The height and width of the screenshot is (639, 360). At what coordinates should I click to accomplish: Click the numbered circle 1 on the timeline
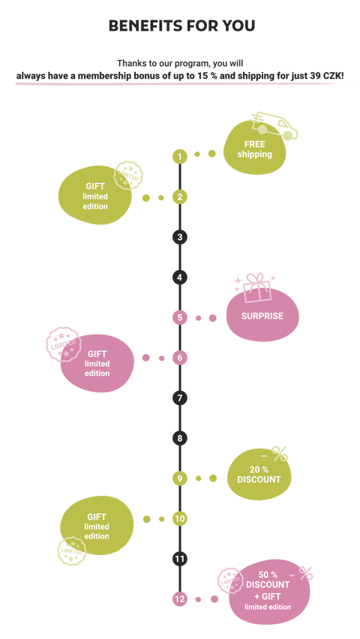click(x=180, y=156)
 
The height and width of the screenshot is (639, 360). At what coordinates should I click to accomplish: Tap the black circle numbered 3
click(x=180, y=237)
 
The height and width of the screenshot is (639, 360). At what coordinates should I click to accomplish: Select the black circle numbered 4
click(x=180, y=278)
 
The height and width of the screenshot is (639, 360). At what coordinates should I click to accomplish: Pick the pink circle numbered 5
click(x=180, y=317)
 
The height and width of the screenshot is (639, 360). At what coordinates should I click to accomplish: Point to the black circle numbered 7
click(x=180, y=397)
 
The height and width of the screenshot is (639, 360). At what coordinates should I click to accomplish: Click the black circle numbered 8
click(x=180, y=439)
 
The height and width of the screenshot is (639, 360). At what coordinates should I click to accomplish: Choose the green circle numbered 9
click(x=180, y=478)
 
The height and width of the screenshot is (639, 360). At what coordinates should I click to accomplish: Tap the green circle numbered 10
click(x=180, y=519)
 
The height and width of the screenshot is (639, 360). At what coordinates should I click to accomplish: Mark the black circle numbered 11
click(x=180, y=559)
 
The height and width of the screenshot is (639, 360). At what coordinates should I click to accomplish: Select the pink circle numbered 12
click(x=180, y=599)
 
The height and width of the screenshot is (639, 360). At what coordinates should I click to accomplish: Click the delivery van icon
click(x=273, y=126)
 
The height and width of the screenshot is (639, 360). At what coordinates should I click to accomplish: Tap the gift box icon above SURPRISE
click(x=256, y=288)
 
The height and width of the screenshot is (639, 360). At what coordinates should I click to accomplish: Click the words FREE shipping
click(x=255, y=149)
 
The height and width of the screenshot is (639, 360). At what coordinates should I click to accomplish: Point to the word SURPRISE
click(x=262, y=316)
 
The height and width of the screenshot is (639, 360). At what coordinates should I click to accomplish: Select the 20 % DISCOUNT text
click(x=259, y=474)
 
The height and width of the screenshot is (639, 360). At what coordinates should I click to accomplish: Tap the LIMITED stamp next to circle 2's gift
click(x=128, y=175)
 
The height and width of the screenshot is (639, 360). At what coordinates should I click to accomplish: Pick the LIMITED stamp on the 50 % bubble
click(x=230, y=580)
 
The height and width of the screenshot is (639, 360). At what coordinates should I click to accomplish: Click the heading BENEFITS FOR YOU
click(x=181, y=25)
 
